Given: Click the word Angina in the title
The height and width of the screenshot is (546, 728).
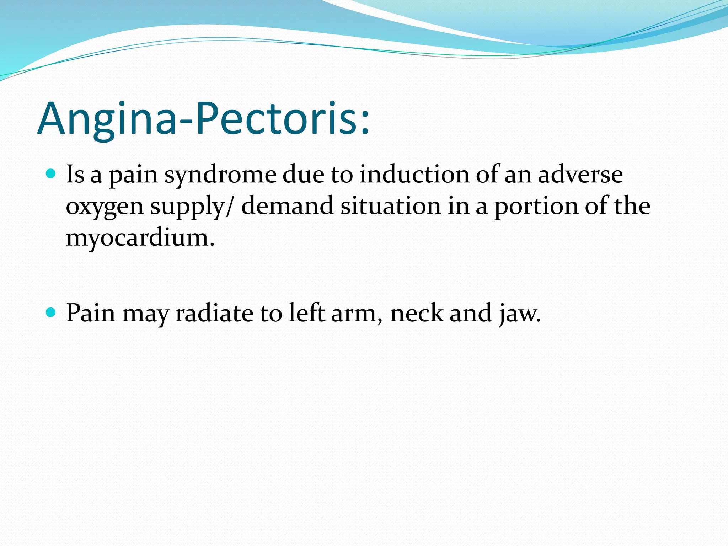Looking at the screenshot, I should [107, 119].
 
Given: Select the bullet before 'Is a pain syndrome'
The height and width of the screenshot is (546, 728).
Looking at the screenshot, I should [51, 174].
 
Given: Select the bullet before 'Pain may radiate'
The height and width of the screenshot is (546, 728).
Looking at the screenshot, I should [51, 312].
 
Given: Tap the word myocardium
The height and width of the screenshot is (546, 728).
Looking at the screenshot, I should [140, 237].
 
